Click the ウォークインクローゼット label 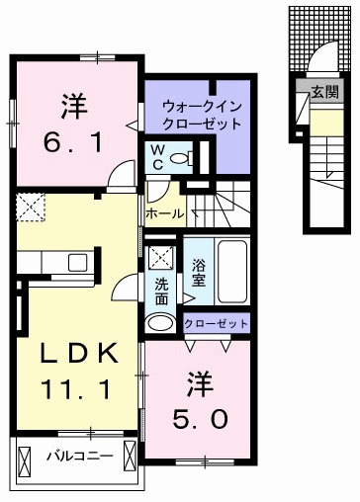coord(202,115)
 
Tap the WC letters coord(156,156)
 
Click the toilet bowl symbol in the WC coord(180,157)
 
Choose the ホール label coord(163,212)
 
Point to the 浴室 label coord(198,272)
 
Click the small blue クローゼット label coord(216,322)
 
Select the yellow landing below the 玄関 coord(324,124)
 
